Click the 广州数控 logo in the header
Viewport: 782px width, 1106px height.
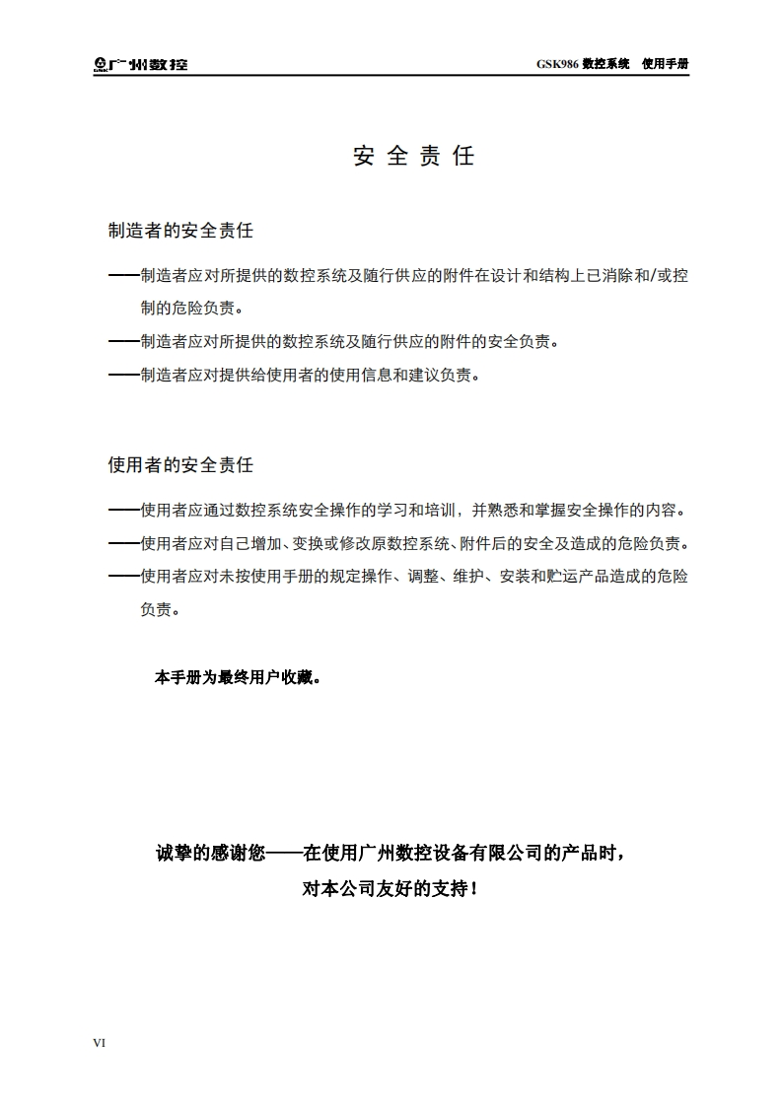click(x=140, y=65)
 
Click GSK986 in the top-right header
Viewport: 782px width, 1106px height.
click(x=556, y=64)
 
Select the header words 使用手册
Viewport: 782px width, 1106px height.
click(x=665, y=64)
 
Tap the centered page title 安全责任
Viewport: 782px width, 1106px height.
click(x=414, y=156)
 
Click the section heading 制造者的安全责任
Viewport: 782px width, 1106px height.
click(x=180, y=231)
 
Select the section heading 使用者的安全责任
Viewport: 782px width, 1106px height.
click(x=180, y=464)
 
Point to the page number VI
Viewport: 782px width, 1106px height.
click(x=99, y=1042)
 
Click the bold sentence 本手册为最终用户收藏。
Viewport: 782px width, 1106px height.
click(x=238, y=678)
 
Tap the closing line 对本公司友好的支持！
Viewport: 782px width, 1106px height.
click(x=391, y=888)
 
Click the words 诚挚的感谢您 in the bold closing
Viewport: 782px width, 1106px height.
click(x=210, y=854)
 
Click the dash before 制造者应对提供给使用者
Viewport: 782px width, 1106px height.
click(x=123, y=376)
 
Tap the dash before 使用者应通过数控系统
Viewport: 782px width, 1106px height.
click(x=123, y=511)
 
